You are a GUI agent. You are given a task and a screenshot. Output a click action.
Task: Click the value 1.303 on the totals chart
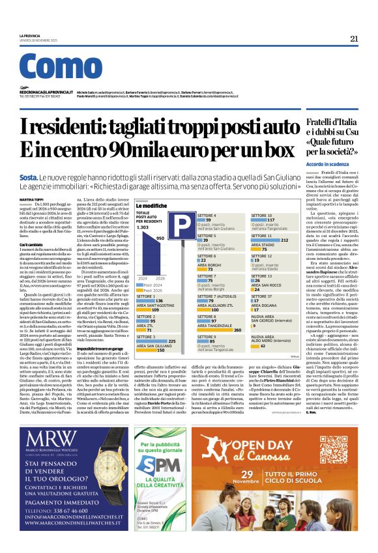click(142, 227)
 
